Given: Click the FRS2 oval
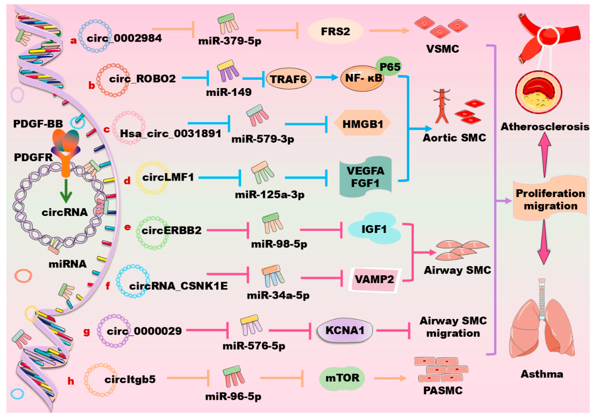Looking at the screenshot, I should tap(335, 31).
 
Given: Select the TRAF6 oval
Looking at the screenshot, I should tap(288, 79).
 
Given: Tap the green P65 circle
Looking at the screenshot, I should tap(389, 67).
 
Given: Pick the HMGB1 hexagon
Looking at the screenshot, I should tap(362, 124).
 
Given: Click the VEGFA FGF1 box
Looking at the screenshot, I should tap(365, 177).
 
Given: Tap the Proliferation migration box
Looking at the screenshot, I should tap(550, 199).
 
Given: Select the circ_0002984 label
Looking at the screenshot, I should tap(124, 38).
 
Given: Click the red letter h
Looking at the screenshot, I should tap(71, 381).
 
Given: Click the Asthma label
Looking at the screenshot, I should tap(542, 374).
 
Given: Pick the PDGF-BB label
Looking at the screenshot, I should tap(38, 124).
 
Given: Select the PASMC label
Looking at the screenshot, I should tap(443, 390).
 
